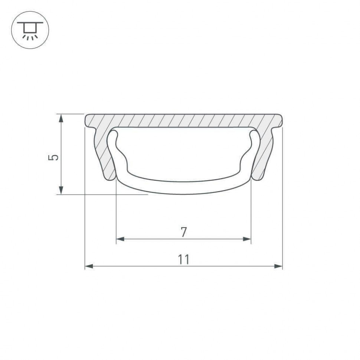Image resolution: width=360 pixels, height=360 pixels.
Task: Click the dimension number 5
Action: click(54, 157)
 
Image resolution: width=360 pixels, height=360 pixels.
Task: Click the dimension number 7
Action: click(184, 232)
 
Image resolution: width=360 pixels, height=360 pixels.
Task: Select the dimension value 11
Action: click(184, 259)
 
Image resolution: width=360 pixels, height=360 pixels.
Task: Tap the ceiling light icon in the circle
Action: click(30, 30)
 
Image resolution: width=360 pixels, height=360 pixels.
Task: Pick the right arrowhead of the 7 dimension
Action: click(247, 239)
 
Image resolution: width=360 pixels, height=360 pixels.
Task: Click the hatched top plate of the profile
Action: click(184, 120)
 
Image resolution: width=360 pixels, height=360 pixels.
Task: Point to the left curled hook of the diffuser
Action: click(113, 141)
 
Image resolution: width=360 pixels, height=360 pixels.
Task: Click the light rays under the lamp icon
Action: click(30, 37)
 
